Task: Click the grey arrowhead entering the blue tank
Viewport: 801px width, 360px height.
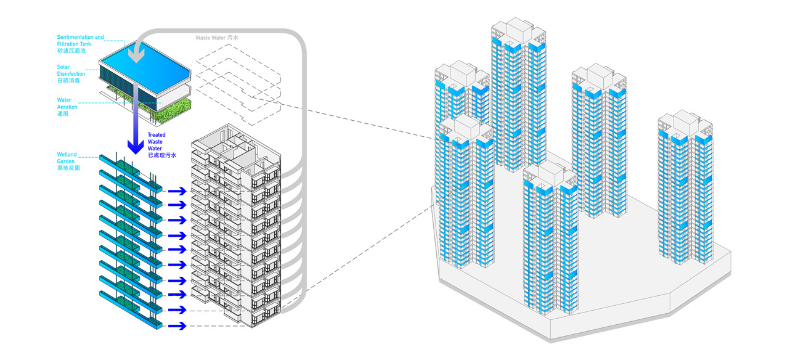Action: (136, 55)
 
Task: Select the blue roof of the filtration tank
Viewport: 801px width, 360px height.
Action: (144, 67)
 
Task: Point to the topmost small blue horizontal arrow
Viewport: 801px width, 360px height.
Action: (177, 191)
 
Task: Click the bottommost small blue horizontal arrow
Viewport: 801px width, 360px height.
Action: (177, 325)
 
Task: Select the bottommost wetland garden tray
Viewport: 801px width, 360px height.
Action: (131, 310)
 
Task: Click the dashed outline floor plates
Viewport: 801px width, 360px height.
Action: (238, 84)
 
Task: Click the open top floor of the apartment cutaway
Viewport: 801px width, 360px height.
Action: (236, 147)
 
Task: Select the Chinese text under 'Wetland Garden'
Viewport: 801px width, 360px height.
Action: (68, 168)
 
